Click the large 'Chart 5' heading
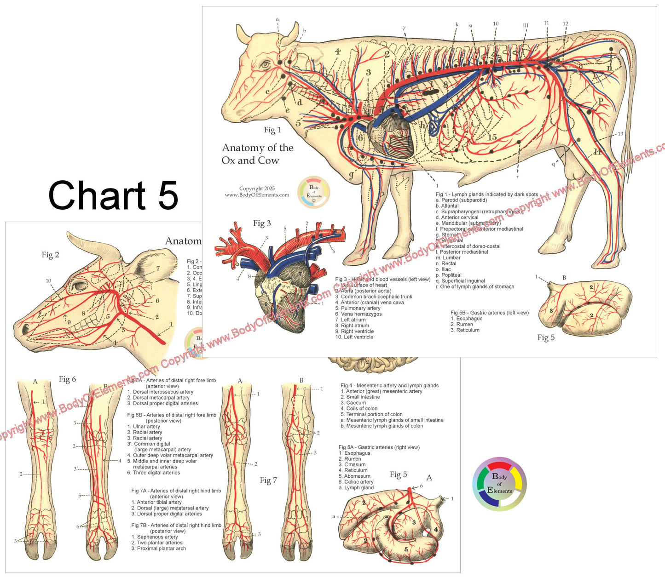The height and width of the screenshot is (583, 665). [113, 195]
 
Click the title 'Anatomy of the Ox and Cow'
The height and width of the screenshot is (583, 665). [257, 154]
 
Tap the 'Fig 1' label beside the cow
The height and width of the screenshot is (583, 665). [272, 130]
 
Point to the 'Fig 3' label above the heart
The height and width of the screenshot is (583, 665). [262, 223]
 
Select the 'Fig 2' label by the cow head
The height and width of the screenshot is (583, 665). [50, 255]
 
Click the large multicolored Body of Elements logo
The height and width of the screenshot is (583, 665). [499, 484]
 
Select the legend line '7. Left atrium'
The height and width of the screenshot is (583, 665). [350, 320]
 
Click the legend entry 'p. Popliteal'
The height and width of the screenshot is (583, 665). [448, 275]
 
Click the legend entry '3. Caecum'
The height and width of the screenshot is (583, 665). [353, 403]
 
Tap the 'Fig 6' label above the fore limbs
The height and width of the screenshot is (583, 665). [67, 379]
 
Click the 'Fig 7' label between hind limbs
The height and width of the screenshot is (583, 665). [268, 480]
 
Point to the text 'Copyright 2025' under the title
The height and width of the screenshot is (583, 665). [257, 189]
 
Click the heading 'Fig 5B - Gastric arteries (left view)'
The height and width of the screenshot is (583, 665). [489, 313]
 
